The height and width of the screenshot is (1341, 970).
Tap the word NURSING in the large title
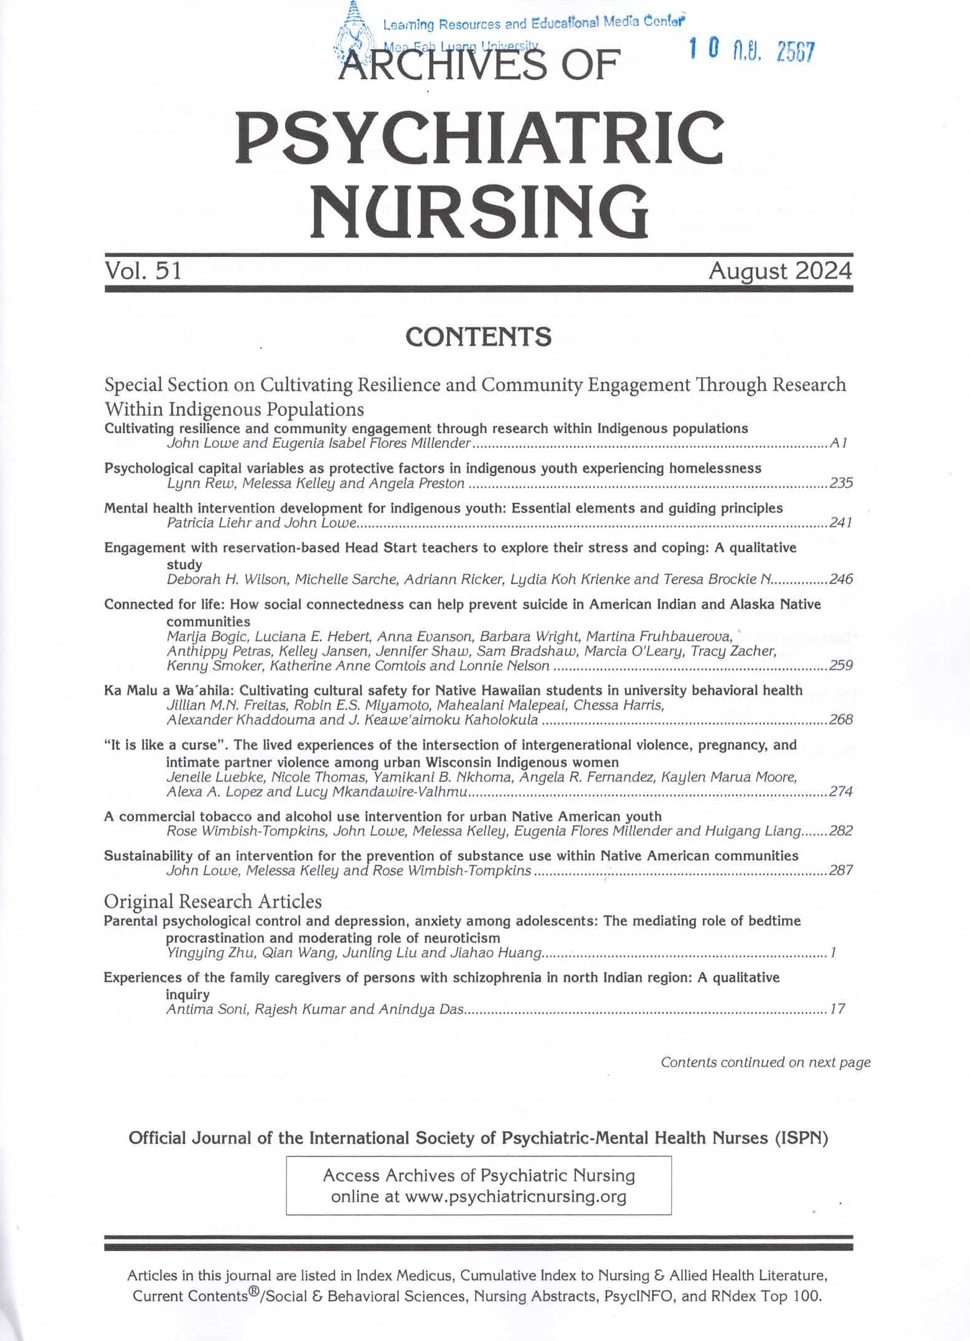coord(479,213)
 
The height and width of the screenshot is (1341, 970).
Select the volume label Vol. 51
coord(143,271)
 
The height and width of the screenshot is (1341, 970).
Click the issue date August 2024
coord(781,271)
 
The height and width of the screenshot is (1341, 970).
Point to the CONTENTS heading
coord(478,337)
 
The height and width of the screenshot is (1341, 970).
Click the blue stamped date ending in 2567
coord(752,51)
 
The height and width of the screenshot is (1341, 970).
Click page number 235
coord(841,483)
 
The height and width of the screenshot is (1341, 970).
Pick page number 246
coord(841,580)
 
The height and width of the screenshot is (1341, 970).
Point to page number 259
coord(841,666)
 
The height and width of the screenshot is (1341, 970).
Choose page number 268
coord(841,720)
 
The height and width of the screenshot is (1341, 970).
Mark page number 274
coord(841,792)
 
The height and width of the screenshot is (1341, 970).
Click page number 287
coord(841,871)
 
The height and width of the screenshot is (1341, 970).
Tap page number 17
coord(837,1009)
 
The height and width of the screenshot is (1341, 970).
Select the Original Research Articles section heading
coord(212,901)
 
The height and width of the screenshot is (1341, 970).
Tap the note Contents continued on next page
coord(765,1062)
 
